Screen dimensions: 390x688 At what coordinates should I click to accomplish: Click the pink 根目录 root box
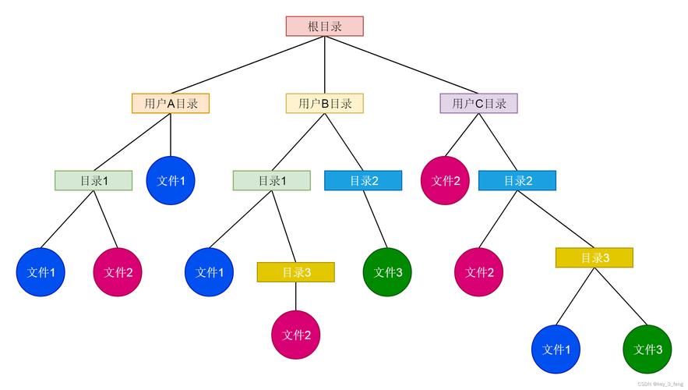[324, 26]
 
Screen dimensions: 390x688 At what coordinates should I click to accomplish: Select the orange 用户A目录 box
[171, 103]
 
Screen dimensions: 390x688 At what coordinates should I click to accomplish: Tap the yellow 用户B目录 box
[324, 103]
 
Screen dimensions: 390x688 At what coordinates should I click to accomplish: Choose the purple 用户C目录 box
[478, 103]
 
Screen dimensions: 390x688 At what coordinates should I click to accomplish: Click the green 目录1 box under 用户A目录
[93, 180]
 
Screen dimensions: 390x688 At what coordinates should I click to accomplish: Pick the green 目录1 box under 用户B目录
[271, 180]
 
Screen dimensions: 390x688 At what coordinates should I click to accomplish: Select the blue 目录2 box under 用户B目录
[363, 180]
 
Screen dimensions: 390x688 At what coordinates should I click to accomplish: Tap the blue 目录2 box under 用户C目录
[517, 180]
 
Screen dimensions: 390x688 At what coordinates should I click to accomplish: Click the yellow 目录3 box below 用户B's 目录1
[295, 272]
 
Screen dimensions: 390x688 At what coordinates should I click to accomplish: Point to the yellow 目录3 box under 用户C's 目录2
[594, 257]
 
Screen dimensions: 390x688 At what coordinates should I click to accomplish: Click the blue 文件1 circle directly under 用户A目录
[171, 180]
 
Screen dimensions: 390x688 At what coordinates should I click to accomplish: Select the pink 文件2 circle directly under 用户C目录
[446, 180]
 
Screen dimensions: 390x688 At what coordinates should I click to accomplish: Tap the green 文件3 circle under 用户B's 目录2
[387, 272]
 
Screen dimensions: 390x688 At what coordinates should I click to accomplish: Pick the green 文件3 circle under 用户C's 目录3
[647, 349]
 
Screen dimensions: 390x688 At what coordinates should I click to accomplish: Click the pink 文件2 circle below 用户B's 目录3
[296, 335]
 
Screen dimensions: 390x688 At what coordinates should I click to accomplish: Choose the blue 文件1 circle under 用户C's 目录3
[556, 349]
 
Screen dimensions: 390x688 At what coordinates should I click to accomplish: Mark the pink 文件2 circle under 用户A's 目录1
[118, 272]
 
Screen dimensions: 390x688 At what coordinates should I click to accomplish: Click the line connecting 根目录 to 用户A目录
[248, 65]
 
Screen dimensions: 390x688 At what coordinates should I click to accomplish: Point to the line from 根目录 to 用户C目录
[401, 65]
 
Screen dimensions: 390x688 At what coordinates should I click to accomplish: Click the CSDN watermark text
[660, 384]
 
